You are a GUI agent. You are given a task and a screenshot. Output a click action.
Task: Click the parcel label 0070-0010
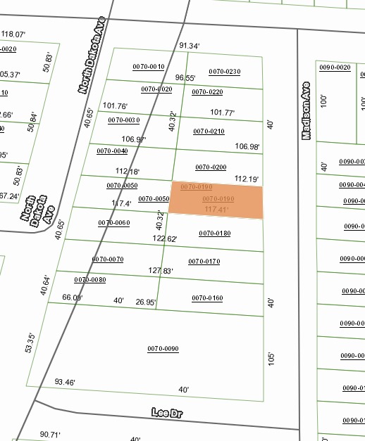click(x=149, y=67)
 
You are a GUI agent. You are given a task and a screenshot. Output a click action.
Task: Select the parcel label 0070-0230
click(x=224, y=72)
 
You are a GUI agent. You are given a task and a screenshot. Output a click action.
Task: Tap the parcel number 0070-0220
click(x=207, y=92)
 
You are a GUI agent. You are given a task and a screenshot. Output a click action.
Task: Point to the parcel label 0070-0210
click(x=209, y=132)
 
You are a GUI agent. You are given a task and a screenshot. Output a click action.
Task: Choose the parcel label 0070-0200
click(x=211, y=167)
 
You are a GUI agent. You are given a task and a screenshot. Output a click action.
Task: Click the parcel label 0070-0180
click(x=214, y=234)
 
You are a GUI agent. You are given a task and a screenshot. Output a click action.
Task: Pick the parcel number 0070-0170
click(x=204, y=262)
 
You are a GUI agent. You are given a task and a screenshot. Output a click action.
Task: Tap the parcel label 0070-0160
click(x=207, y=298)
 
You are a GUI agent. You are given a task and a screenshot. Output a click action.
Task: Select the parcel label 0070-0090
click(x=163, y=349)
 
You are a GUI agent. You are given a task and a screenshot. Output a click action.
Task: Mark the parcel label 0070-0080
click(x=89, y=279)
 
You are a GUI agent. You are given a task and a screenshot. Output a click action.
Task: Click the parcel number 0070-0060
click(x=114, y=223)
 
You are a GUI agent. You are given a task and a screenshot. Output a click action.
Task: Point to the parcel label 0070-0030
click(x=123, y=120)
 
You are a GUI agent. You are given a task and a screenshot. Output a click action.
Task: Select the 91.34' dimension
click(x=190, y=46)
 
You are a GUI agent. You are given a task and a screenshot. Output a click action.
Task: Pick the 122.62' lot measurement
click(x=165, y=239)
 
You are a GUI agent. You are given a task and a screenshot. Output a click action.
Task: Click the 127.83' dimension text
click(x=161, y=271)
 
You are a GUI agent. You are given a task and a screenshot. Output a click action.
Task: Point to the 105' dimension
click(x=271, y=358)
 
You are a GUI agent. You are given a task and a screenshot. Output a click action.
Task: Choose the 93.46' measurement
click(x=65, y=383)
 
